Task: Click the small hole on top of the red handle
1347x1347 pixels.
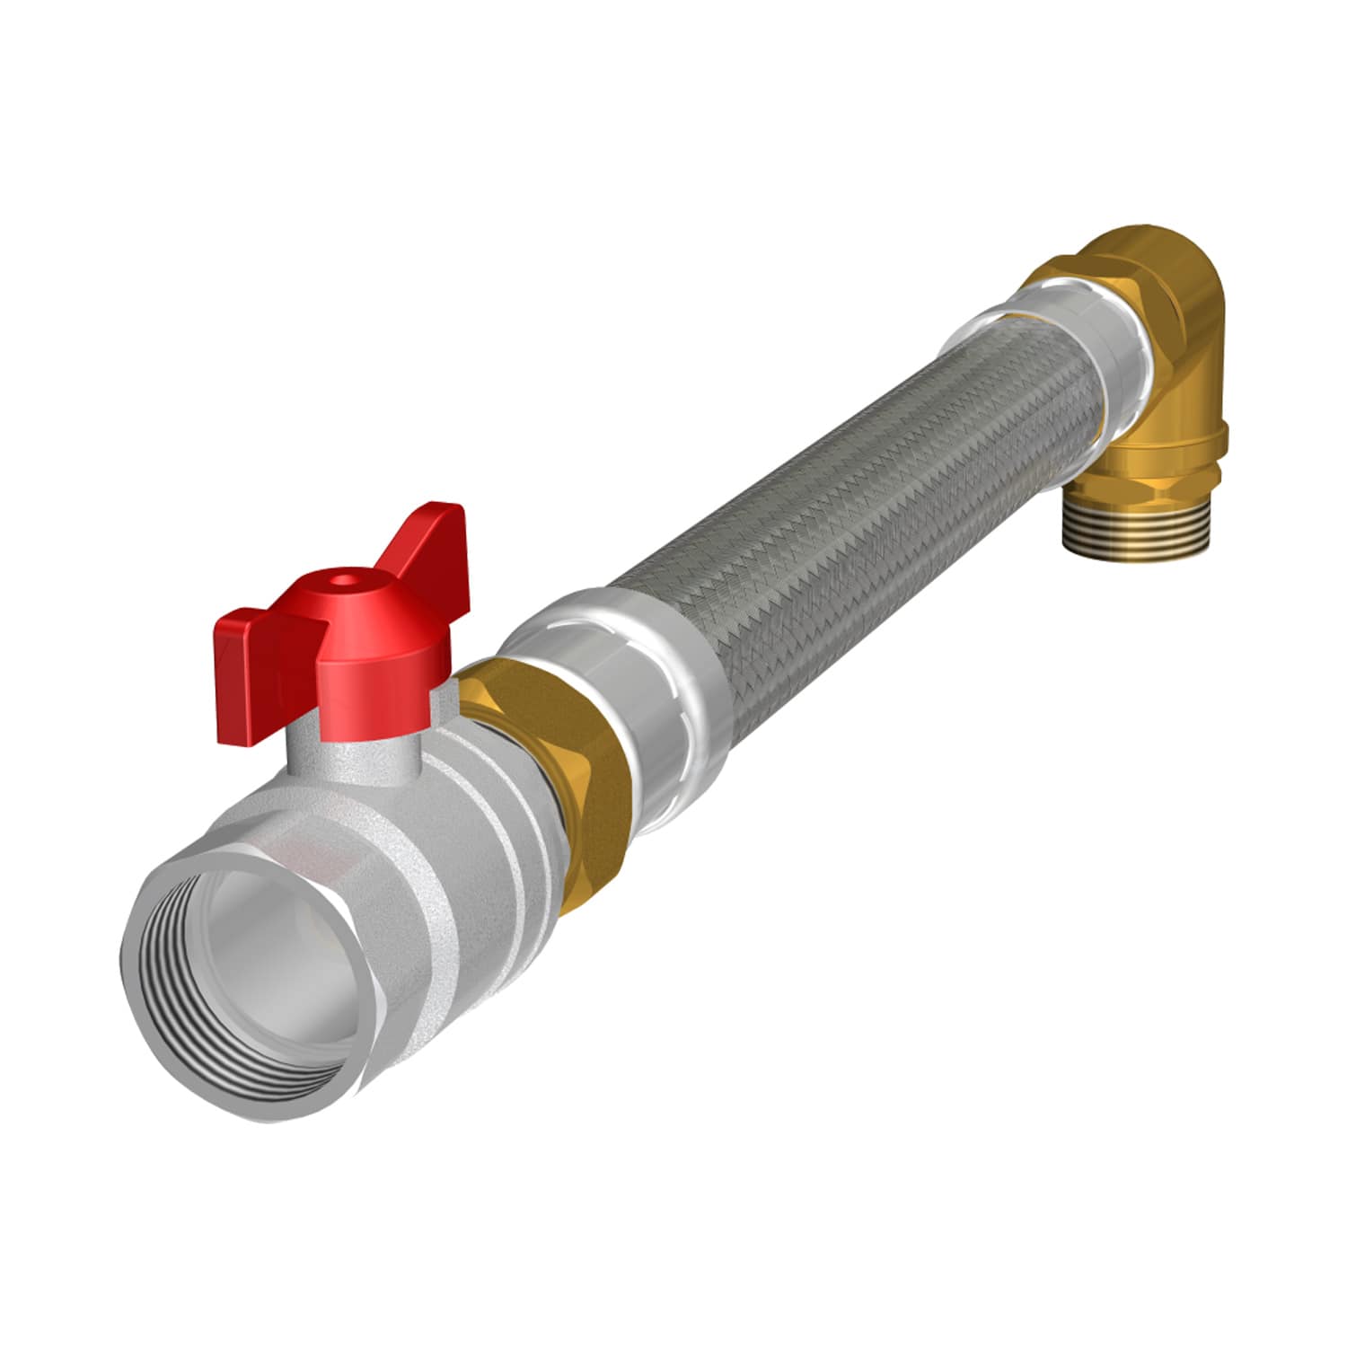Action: point(344,582)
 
